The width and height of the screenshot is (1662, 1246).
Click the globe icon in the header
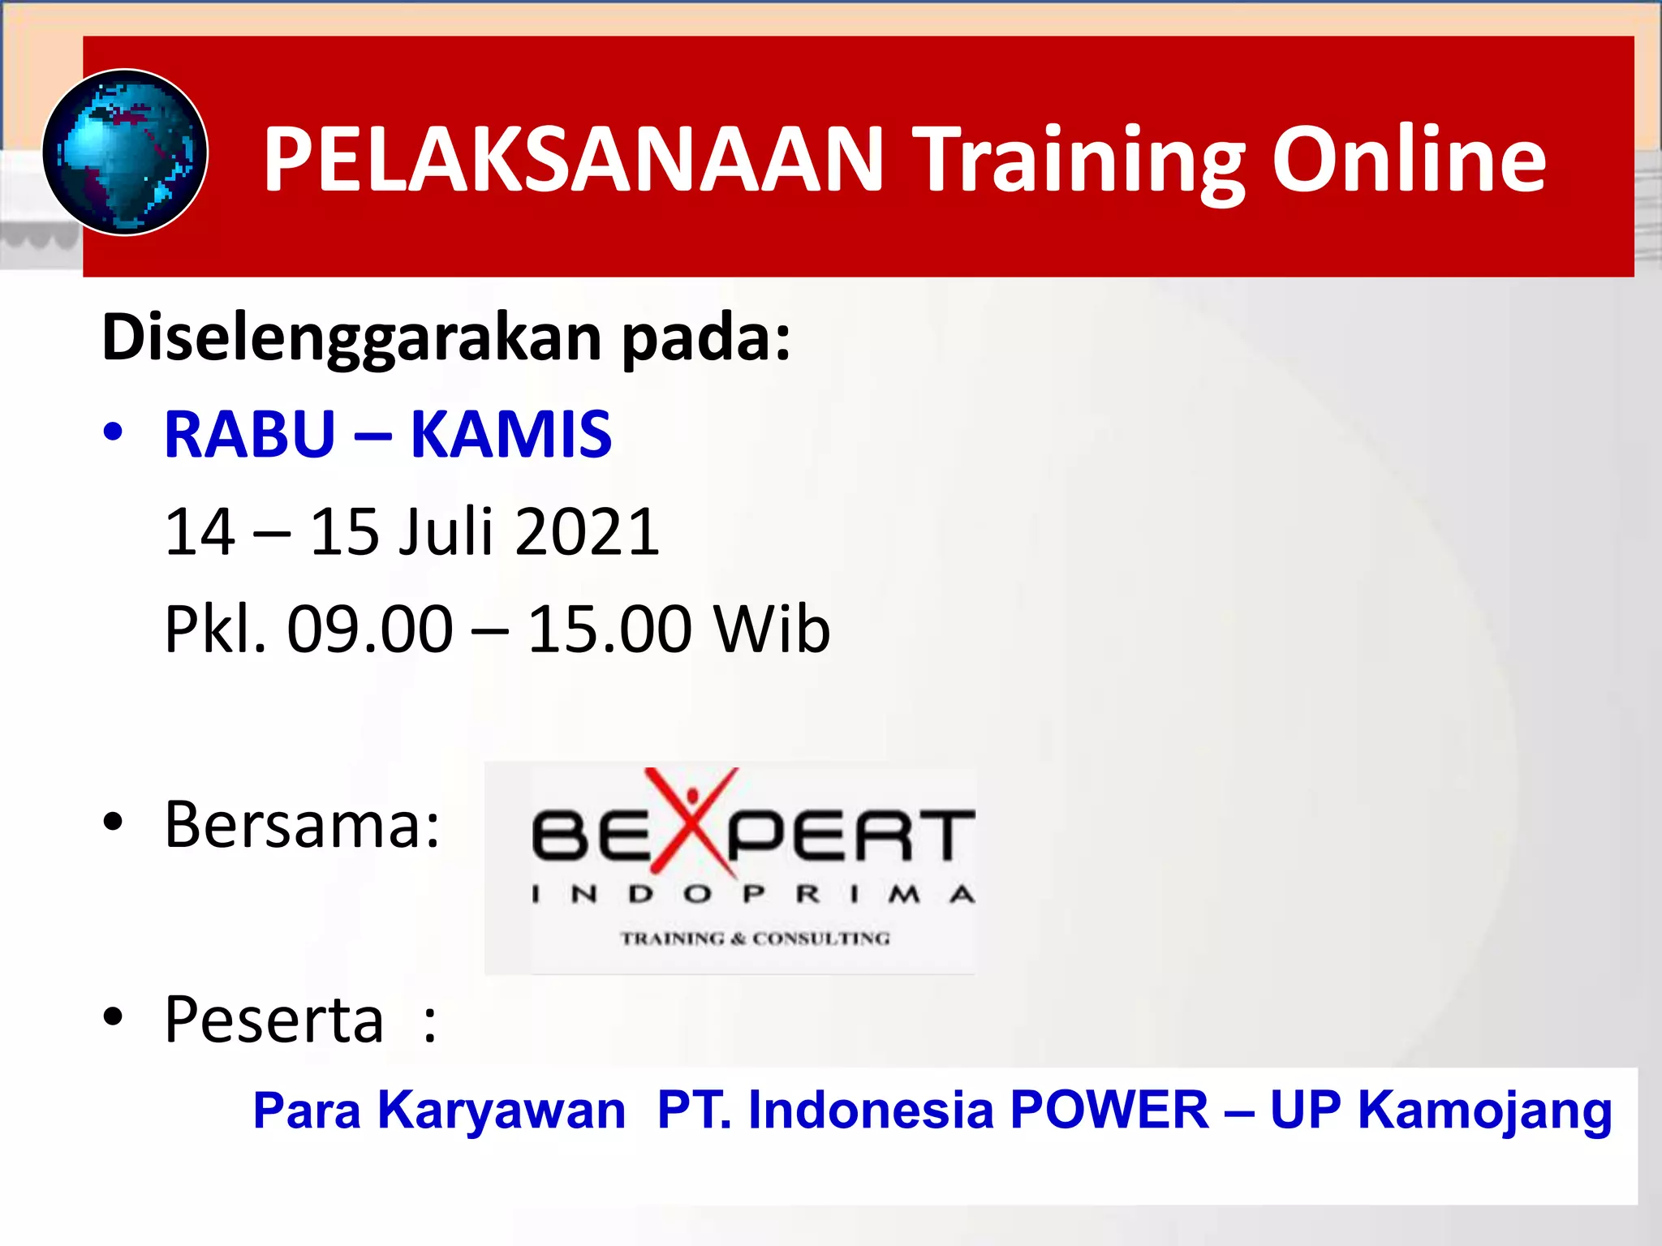(x=125, y=153)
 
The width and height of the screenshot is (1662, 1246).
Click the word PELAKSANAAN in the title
(x=573, y=160)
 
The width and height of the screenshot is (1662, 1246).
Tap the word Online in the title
(x=1409, y=160)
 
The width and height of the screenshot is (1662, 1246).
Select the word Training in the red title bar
(x=1079, y=160)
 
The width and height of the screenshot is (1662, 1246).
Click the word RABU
(x=250, y=435)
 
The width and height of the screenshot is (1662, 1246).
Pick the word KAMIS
(x=511, y=435)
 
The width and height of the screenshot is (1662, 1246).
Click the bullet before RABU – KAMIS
(x=113, y=432)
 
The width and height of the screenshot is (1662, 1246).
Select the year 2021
(x=587, y=532)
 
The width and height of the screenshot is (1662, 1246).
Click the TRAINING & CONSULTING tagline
(x=756, y=939)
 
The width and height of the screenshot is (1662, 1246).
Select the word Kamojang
(x=1484, y=1111)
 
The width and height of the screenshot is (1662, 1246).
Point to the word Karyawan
(x=502, y=1111)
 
